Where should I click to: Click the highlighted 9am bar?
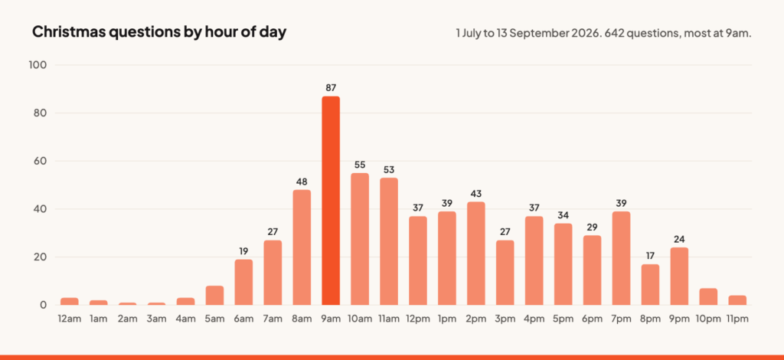[331, 201]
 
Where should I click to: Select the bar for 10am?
[360, 239]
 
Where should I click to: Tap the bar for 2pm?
[476, 254]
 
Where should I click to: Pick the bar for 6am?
[243, 282]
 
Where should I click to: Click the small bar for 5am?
[214, 296]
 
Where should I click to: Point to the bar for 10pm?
[708, 296]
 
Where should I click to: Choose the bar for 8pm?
[650, 284]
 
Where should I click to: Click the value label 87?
[331, 88]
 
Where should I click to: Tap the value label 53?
[388, 169]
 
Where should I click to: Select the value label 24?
[679, 239]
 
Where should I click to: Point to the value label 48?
[302, 182]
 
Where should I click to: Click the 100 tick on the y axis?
[40, 65]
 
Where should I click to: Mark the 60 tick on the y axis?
[41, 161]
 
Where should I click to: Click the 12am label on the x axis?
[70, 319]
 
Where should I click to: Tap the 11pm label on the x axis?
[737, 319]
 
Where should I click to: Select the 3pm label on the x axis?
[505, 319]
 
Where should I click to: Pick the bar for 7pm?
[621, 258]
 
